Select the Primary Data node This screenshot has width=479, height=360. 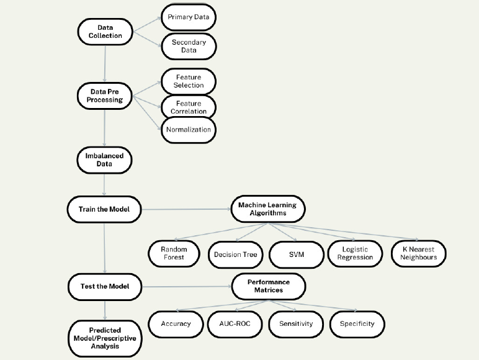coord(188,17)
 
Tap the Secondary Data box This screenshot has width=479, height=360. coord(188,47)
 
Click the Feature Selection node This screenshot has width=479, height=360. coord(188,81)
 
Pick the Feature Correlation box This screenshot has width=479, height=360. coord(188,106)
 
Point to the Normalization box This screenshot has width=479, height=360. coord(188,130)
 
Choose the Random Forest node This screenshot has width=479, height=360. coord(174,253)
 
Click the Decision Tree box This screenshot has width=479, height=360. coord(235,254)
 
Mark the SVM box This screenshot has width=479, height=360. coord(297,254)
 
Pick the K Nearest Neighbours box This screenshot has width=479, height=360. coord(419,253)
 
